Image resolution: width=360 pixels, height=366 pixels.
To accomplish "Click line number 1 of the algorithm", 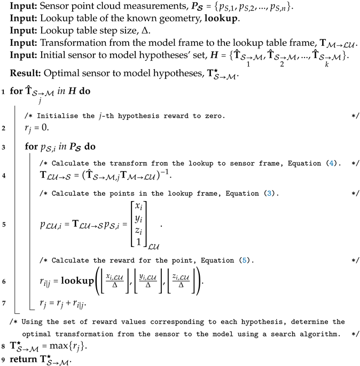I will pos(4,91).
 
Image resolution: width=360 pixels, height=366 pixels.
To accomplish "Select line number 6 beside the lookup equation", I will pos(4,280).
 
